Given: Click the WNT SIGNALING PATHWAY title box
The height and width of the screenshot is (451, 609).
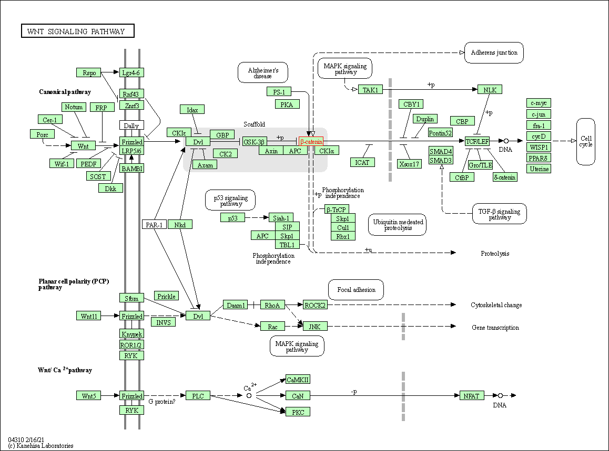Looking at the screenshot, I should [x=78, y=32].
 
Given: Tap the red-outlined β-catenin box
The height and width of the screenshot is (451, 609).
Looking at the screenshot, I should [x=311, y=142].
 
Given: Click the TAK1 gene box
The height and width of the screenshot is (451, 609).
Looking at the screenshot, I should [x=370, y=90].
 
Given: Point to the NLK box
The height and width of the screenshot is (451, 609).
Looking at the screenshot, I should [x=490, y=90].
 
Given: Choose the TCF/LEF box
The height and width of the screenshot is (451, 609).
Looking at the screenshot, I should [x=477, y=141].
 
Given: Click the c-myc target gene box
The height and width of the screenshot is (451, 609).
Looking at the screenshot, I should [x=539, y=103].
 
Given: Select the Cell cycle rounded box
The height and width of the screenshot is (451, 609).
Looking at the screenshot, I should [x=585, y=141].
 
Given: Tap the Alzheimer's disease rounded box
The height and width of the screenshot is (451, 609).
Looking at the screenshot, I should [x=262, y=72].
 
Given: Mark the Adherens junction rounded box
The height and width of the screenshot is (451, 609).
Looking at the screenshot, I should [x=494, y=53].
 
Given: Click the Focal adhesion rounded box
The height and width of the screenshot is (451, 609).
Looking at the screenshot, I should [x=356, y=290].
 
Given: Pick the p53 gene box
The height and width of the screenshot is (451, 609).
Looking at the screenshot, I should [x=232, y=217].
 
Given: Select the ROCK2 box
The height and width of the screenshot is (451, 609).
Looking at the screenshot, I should [x=315, y=305].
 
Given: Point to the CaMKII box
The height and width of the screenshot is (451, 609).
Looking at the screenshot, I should [x=298, y=380].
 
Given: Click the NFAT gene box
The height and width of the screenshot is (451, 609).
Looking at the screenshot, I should [x=471, y=395].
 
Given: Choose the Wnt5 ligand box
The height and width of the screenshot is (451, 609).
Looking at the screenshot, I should [x=88, y=395].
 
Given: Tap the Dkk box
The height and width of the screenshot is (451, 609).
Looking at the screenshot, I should [x=110, y=188].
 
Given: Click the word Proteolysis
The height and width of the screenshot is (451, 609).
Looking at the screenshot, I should [x=495, y=254].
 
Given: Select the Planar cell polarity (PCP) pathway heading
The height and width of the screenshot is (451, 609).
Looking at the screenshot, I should [x=74, y=284].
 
